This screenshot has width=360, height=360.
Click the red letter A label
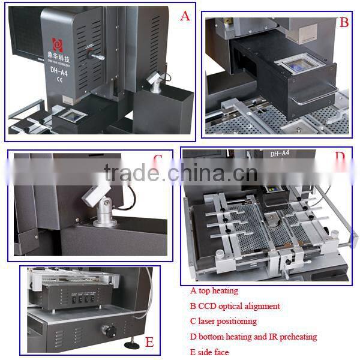pyautogui.click(x=185, y=16)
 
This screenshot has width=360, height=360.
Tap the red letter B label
pyautogui.click(x=344, y=23)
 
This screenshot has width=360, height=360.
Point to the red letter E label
pyautogui.click(x=149, y=343)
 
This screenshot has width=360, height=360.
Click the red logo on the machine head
pyautogui.click(x=59, y=45)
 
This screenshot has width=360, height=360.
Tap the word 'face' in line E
pyautogui.click(x=221, y=352)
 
